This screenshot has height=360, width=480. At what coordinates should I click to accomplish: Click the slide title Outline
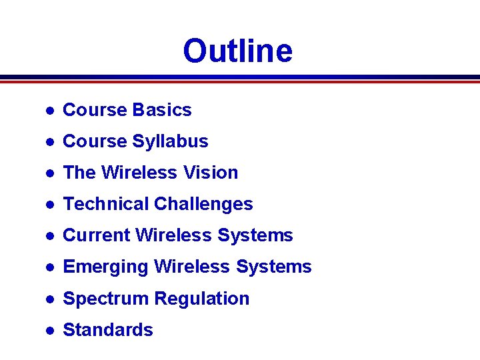[237, 51]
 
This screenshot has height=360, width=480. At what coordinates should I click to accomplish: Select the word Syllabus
[170, 141]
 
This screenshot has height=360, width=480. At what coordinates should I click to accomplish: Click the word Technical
[105, 204]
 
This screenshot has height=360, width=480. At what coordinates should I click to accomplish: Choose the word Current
[96, 235]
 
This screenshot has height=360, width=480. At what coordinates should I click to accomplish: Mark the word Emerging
[105, 267]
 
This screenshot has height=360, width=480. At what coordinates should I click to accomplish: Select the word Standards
[107, 330]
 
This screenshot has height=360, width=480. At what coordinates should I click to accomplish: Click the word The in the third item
[79, 173]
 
